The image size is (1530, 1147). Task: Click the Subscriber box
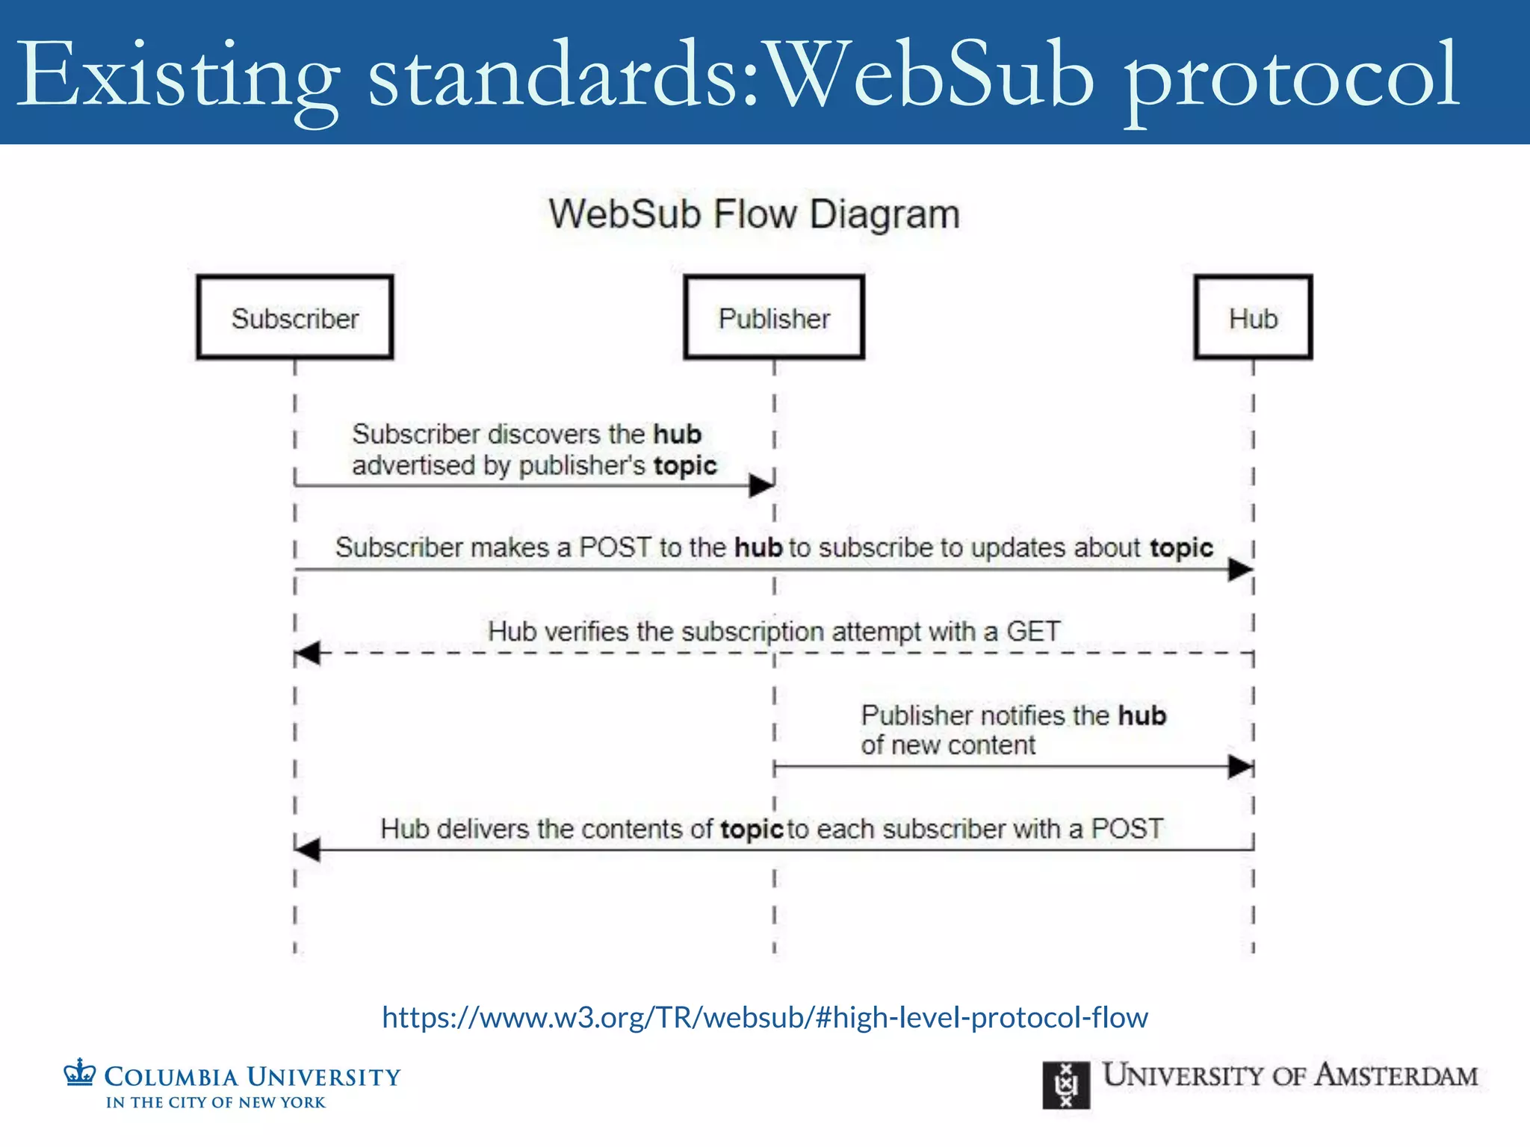pos(295,318)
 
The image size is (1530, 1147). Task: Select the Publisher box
pos(774,318)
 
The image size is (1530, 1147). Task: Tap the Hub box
pos(1253,318)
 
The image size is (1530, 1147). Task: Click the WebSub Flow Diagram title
pos(754,214)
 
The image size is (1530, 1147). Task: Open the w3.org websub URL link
pos(764,1017)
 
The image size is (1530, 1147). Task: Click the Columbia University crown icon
pos(79,1073)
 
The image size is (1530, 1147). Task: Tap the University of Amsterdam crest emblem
pos(1066,1085)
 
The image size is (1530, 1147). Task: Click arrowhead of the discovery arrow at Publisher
pos(761,486)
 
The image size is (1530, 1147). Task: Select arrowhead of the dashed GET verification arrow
pos(308,653)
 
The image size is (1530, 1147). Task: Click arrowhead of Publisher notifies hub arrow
pos(1240,766)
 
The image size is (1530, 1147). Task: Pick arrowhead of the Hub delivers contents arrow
pos(308,850)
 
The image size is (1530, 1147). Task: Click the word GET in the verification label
pos(1033,632)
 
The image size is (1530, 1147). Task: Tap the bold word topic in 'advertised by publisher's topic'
pos(685,465)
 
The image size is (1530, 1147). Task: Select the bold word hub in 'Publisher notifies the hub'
pos(1142,715)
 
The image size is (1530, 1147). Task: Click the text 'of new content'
pos(948,745)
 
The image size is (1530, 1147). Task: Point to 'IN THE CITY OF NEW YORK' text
pos(216,1102)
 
